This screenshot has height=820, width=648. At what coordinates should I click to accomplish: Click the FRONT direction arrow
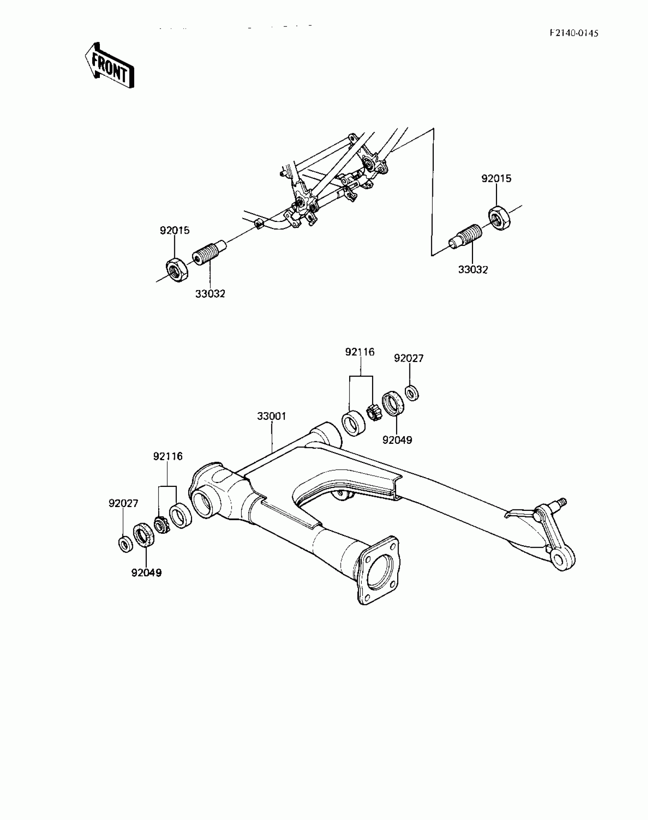coord(109,66)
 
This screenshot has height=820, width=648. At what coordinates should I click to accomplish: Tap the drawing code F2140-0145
coord(574,33)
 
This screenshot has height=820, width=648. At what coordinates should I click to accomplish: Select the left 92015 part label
coord(175,230)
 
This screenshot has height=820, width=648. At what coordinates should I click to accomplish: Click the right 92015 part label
coord(496,179)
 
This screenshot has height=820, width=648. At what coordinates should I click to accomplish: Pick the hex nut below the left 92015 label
coord(177,270)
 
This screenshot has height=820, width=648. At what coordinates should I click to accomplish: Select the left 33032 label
coord(210,294)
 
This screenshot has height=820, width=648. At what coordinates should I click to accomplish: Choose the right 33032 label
coord(473,270)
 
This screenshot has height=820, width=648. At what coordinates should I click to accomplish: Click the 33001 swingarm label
coord(271,416)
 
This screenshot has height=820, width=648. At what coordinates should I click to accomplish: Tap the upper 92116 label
coord(360,352)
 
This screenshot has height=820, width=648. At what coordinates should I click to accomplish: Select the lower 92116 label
coord(168,456)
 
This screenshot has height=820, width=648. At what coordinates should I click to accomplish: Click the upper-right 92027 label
coord(409,358)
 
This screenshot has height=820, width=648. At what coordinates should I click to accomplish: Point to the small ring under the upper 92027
coord(412,393)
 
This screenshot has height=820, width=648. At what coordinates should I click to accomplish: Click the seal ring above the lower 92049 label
coord(144,535)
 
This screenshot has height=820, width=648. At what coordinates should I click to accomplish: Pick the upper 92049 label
coord(397,440)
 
